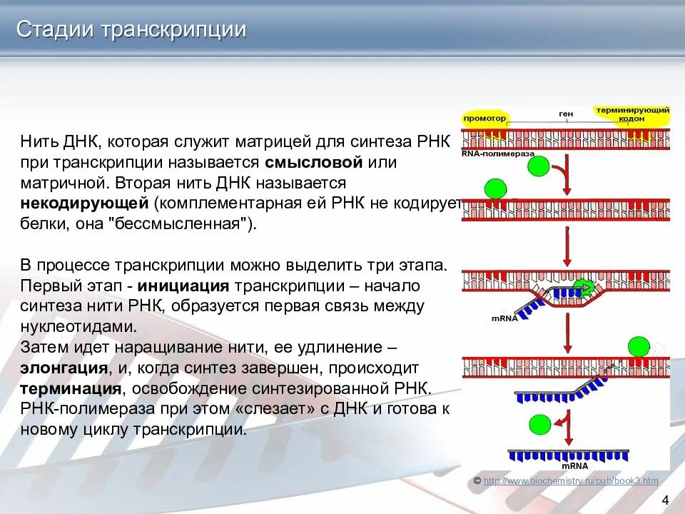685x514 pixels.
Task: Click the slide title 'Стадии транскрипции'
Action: coord(132,30)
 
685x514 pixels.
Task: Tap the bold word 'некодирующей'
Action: coord(83,203)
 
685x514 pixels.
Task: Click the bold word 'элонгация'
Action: coord(64,368)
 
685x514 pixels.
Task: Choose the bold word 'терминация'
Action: coord(70,389)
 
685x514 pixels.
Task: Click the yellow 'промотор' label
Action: coord(484,118)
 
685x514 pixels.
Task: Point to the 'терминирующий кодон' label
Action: coord(633,114)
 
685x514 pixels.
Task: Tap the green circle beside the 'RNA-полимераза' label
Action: coord(539,168)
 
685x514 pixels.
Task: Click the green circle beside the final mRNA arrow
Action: coord(540,426)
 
